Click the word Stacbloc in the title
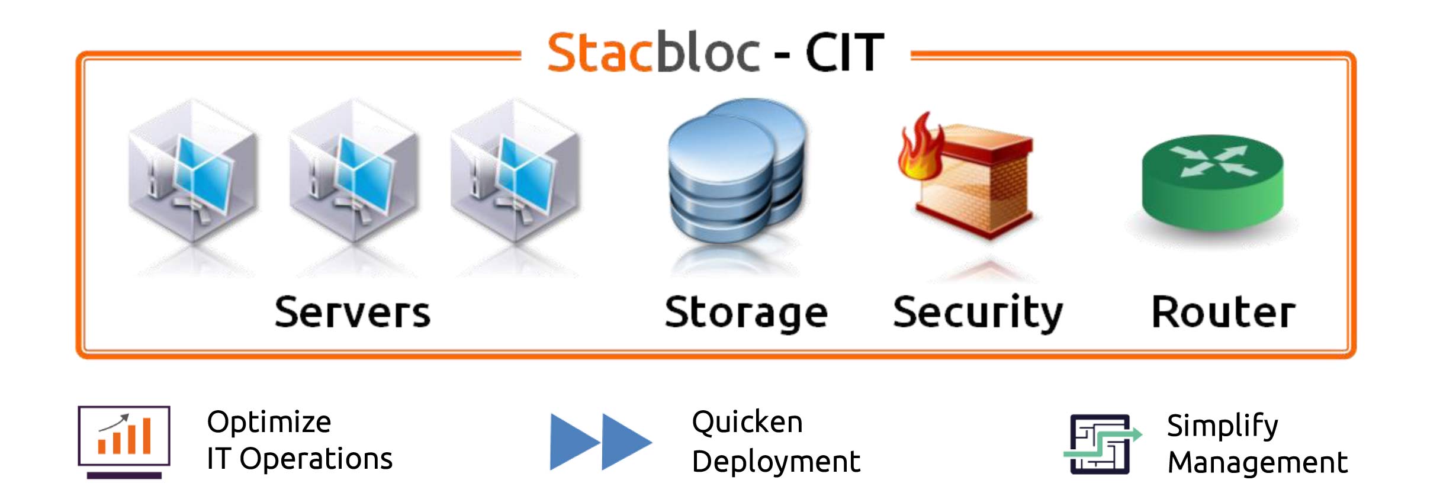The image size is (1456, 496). click(x=653, y=53)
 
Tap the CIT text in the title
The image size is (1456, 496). click(x=844, y=53)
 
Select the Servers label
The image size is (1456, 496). click(x=352, y=312)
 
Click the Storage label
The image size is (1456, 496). click(x=746, y=313)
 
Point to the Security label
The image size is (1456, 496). click(x=978, y=313)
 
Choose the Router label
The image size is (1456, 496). click(x=1223, y=312)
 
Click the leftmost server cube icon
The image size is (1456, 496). click(x=192, y=172)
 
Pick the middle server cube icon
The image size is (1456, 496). click(x=353, y=172)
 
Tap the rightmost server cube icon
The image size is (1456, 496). click(x=515, y=172)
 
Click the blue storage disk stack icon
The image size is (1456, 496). click(x=736, y=172)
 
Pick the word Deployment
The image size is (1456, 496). click(x=776, y=462)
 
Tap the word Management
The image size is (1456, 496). click(x=1257, y=462)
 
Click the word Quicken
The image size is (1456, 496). click(x=747, y=423)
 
